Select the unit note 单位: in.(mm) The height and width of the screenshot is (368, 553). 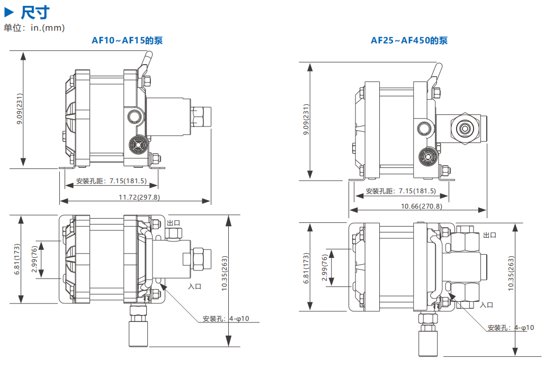[34, 28]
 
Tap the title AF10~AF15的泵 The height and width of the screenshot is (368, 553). [131, 40]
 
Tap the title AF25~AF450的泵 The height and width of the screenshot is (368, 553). [409, 40]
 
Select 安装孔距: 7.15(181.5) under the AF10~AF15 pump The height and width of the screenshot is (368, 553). [111, 181]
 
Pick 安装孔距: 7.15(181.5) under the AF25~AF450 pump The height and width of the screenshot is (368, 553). [400, 191]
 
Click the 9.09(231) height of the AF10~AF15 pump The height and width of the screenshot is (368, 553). [20, 109]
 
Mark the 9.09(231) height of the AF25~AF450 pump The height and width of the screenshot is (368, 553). [306, 121]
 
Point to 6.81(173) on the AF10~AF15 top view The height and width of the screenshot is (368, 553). [17, 259]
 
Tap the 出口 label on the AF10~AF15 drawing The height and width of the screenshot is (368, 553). [174, 222]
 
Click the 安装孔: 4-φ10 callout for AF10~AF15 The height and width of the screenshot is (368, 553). [226, 319]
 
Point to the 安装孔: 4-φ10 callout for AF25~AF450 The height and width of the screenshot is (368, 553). [511, 328]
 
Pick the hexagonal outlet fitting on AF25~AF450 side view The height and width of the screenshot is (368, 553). [465, 128]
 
